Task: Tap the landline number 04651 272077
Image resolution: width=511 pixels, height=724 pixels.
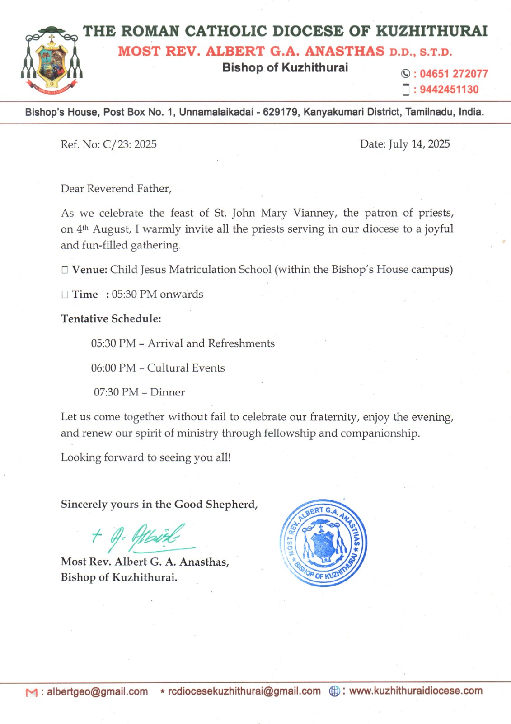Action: tap(454, 74)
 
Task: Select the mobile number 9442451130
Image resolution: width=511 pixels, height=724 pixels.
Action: tap(449, 90)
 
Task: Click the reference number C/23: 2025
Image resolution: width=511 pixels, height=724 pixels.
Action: tap(130, 144)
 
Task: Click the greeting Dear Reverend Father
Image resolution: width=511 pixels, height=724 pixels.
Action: tap(116, 189)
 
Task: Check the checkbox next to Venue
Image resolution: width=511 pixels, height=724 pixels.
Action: tap(65, 270)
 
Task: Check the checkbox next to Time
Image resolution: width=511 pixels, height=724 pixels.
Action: tap(65, 295)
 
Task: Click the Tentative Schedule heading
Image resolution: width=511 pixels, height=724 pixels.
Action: tap(111, 319)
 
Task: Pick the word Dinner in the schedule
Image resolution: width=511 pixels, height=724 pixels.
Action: tap(167, 392)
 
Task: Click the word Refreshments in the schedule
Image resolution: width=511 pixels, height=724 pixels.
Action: tap(241, 343)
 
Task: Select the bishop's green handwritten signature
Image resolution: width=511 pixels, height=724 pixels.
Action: tap(140, 537)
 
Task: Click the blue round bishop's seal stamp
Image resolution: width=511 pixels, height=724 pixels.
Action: tap(323, 543)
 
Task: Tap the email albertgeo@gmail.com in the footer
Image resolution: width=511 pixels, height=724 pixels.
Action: tap(97, 691)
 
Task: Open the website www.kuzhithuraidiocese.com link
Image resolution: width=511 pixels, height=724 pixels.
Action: tap(416, 691)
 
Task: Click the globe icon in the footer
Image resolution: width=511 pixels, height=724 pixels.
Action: tap(334, 691)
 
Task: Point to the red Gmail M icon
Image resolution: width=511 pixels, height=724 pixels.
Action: tap(32, 692)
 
